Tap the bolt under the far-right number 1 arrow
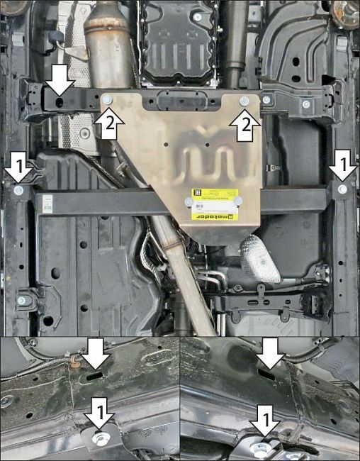click(x=343, y=189)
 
